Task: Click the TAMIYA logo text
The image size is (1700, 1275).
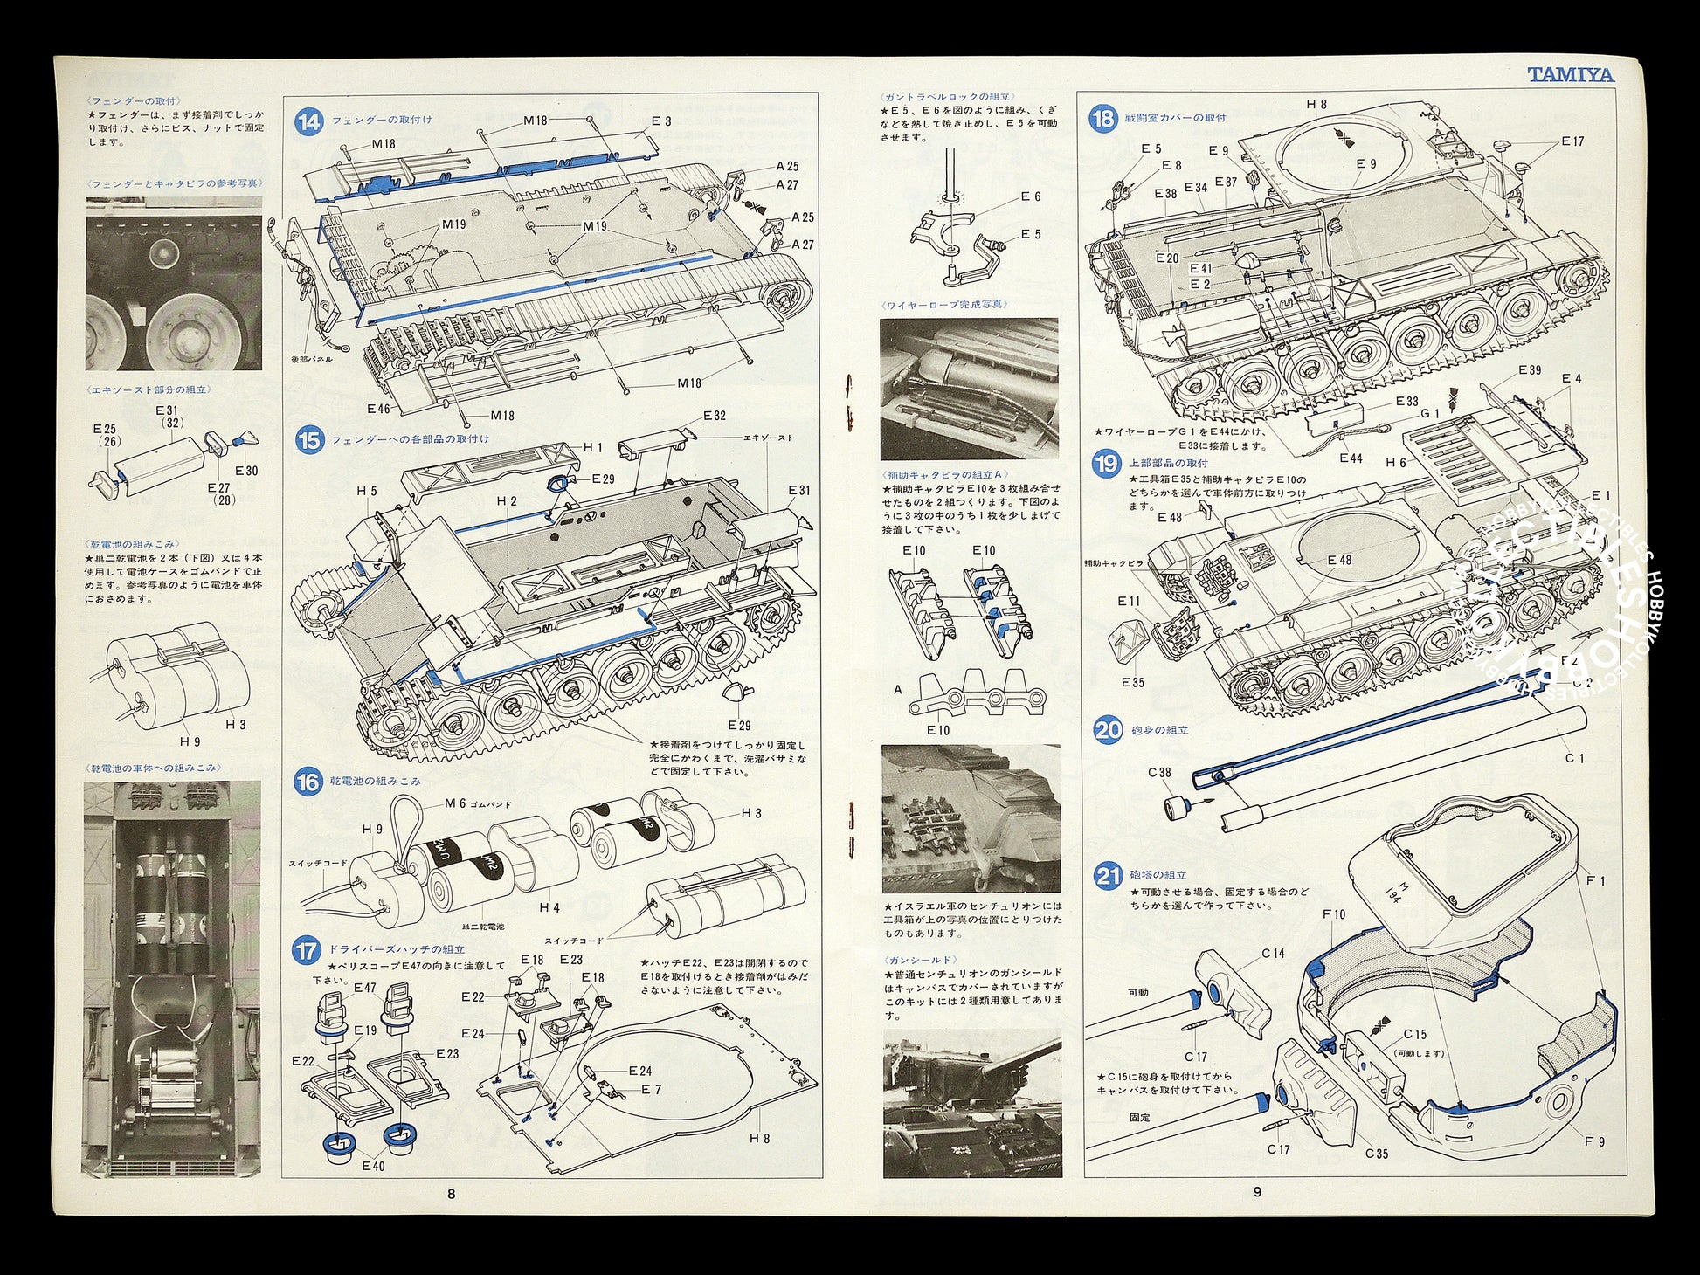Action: click(x=1570, y=75)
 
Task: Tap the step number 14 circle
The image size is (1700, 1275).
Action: click(x=308, y=121)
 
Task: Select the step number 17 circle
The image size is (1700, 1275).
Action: click(x=307, y=949)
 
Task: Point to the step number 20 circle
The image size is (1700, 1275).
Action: click(x=1108, y=729)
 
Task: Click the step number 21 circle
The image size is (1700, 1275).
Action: click(x=1108, y=875)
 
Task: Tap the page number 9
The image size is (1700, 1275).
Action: click(x=1256, y=1191)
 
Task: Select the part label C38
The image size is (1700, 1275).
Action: click(x=1159, y=772)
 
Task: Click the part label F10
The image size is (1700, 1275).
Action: click(x=1334, y=914)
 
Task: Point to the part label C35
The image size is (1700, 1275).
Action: click(x=1377, y=1154)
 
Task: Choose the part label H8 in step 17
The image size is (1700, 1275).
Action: click(x=759, y=1138)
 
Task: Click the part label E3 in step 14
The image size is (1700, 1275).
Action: click(x=661, y=121)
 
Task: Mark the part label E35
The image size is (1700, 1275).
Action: click(x=1132, y=682)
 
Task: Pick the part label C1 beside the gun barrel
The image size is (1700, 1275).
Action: click(x=1574, y=758)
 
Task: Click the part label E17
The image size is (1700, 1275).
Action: click(x=1572, y=141)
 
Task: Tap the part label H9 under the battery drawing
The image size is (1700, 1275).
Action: click(x=190, y=741)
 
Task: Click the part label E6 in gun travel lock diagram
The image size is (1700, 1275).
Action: click(x=1031, y=197)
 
